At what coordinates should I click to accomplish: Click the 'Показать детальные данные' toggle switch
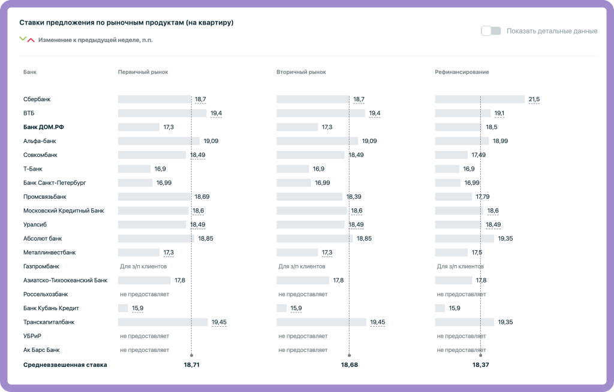tap(491, 31)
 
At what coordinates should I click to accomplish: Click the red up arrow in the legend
tap(31, 40)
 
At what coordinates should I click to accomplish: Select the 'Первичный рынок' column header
tap(143, 72)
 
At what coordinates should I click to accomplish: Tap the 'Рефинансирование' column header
tap(462, 72)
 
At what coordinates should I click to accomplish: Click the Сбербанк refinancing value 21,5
tap(534, 99)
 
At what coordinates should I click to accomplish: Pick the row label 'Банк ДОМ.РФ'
tap(43, 127)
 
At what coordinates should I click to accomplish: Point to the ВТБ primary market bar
tap(162, 113)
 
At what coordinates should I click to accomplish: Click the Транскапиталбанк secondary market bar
tap(321, 322)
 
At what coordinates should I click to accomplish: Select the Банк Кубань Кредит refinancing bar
tap(440, 308)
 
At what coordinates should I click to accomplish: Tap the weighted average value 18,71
tap(191, 364)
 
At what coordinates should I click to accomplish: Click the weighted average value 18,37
tap(480, 364)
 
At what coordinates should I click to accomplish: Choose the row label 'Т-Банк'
tap(33, 169)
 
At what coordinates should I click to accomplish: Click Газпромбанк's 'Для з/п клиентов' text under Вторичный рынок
tap(302, 266)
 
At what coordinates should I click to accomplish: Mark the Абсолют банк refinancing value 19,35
tap(505, 238)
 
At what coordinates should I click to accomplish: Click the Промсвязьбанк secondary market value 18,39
tap(354, 196)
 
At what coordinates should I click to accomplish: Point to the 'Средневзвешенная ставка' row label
tap(65, 364)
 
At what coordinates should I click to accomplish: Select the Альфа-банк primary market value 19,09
tap(210, 141)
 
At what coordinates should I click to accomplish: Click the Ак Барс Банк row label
tap(41, 350)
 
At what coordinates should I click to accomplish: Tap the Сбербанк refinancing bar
tap(480, 99)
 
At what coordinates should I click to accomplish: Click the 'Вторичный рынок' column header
tap(301, 72)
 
